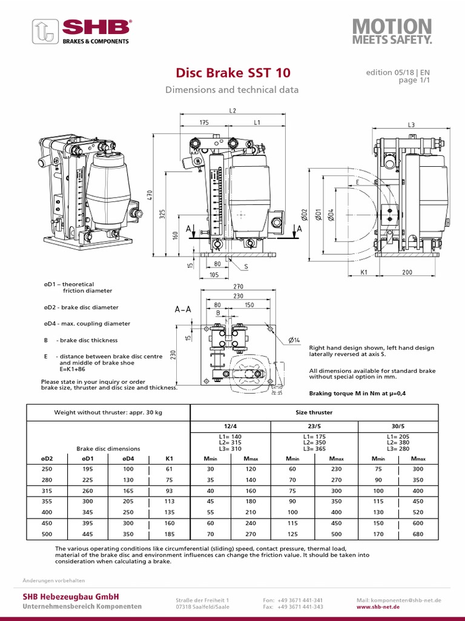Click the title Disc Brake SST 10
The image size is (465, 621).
coord(232,73)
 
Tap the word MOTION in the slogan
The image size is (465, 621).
coord(392,26)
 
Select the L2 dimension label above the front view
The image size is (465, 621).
coord(233,111)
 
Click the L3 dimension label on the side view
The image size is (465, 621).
coord(412,124)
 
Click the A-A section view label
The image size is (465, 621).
coord(183,309)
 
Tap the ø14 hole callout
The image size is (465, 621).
coord(294,340)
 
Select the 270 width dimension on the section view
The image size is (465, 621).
coord(237,286)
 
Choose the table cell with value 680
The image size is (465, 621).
coord(418,535)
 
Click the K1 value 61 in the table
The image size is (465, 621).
coord(169,469)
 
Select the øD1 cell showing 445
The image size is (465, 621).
coord(87,535)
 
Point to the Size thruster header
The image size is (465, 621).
coord(314,412)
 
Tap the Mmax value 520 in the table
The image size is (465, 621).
coord(418,512)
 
